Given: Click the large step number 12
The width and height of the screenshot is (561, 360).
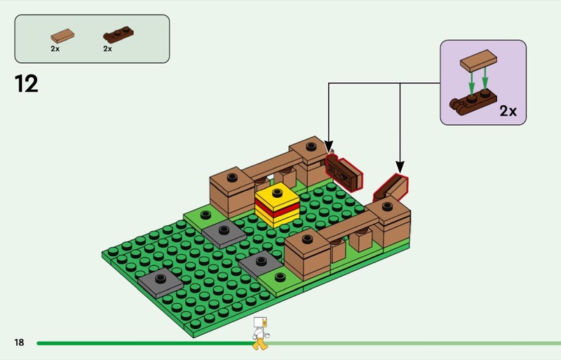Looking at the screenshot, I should pyautogui.click(x=27, y=84).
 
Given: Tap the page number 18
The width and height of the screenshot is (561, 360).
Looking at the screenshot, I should pyautogui.click(x=19, y=342).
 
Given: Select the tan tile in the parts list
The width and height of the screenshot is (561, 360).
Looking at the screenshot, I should pyautogui.click(x=62, y=35).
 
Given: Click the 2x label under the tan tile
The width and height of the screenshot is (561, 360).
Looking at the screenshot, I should pyautogui.click(x=55, y=49).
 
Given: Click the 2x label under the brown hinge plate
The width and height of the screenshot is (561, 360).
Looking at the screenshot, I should pyautogui.click(x=107, y=49).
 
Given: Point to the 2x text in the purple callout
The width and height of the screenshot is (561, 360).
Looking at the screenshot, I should pyautogui.click(x=508, y=111).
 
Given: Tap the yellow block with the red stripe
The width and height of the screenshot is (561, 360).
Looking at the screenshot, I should pyautogui.click(x=277, y=205).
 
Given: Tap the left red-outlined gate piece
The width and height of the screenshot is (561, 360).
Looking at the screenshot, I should pyautogui.click(x=343, y=171).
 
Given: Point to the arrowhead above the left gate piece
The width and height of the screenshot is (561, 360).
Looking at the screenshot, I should pyautogui.click(x=329, y=147).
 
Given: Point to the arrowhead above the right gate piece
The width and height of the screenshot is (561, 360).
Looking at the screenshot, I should pyautogui.click(x=400, y=168).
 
